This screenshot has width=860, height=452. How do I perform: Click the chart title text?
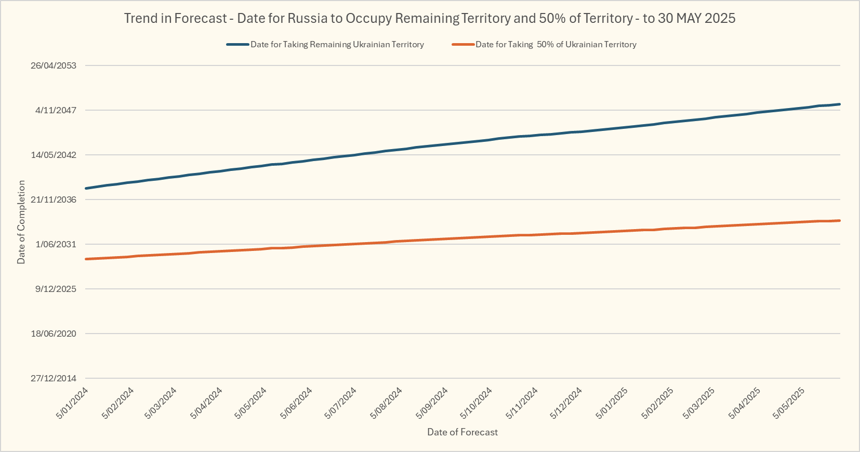[x=430, y=18]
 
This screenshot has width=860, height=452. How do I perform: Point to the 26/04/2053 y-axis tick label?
[x=54, y=65]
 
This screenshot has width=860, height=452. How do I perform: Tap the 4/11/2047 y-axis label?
[x=56, y=110]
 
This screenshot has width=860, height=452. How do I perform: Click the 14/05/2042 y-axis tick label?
[x=54, y=155]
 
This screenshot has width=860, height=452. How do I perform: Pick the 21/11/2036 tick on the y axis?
[x=54, y=200]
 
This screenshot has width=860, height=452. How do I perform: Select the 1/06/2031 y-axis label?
[x=56, y=244]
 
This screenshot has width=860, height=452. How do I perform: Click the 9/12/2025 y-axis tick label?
[x=56, y=289]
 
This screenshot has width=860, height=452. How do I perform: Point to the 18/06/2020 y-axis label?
[x=54, y=334]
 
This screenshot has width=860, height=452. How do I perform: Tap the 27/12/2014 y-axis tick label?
[x=54, y=378]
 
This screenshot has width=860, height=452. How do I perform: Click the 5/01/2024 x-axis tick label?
[x=73, y=403]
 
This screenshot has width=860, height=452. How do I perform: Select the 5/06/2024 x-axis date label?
[x=297, y=403]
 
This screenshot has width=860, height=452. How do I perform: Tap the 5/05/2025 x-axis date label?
[x=789, y=403]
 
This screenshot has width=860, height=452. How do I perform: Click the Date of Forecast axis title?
[x=462, y=432]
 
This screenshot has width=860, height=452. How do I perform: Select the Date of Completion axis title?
[x=21, y=222]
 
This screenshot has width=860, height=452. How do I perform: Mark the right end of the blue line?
[x=840, y=104]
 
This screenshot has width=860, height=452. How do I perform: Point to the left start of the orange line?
[x=86, y=259]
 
